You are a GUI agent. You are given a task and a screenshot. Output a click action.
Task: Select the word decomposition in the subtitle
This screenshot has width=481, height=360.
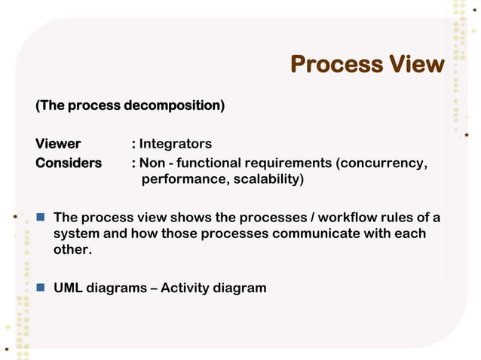point(173,105)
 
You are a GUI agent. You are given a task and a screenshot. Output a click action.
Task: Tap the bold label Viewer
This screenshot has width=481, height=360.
point(58,143)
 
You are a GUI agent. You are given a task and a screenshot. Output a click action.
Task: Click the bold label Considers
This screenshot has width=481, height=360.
point(69,163)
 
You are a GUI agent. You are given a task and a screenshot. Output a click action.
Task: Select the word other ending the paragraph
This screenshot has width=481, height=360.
point(70,249)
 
